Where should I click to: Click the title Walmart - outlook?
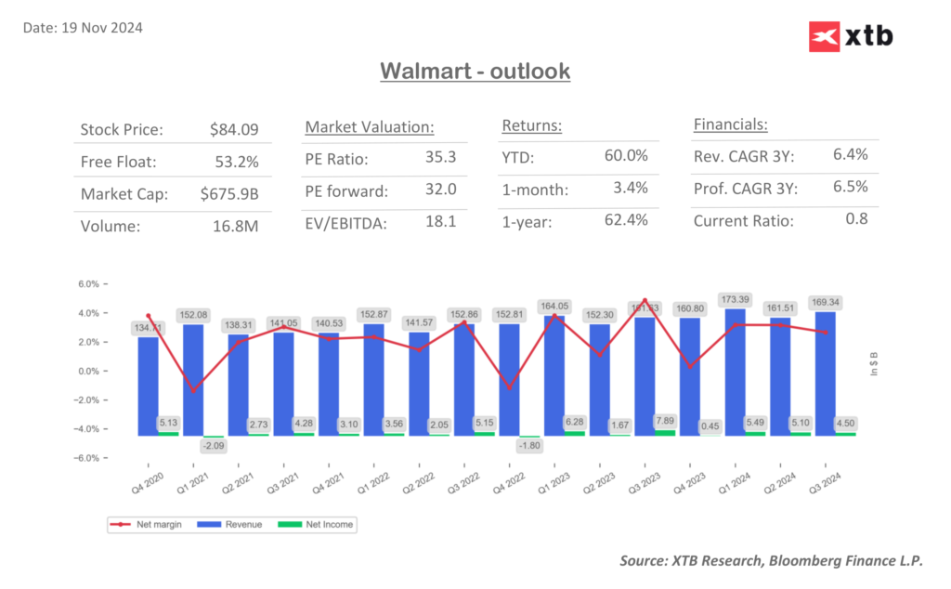tap(475, 71)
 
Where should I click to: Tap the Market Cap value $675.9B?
tap(229, 193)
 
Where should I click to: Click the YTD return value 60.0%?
tap(626, 155)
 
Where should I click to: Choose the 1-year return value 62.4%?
tap(626, 220)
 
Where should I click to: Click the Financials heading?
tap(731, 124)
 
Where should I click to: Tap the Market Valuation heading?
tap(370, 127)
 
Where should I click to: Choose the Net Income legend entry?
tap(324, 525)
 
